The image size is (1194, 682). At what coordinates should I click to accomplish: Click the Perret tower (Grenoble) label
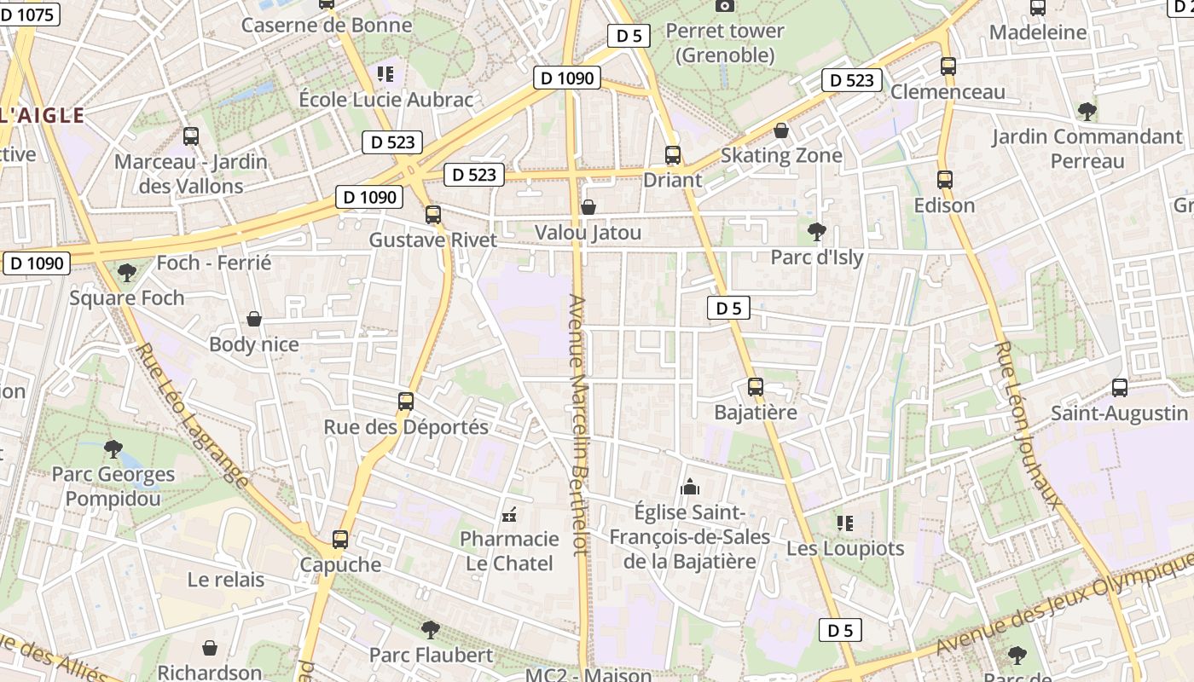pos(725,43)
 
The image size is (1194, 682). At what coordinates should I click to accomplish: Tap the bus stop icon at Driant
pos(673,155)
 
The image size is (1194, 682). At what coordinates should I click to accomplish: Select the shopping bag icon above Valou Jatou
pos(588,207)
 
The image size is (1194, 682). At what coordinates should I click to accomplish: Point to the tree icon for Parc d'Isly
pos(816,231)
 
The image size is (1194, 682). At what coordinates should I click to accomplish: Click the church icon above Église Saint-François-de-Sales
pos(689,487)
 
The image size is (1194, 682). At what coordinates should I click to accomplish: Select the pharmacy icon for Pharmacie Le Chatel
pos(509,514)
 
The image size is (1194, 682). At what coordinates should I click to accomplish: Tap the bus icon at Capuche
pos(340,540)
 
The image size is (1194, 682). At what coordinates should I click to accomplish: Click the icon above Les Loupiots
pos(844,523)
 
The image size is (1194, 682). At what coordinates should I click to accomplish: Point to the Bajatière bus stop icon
pos(755,387)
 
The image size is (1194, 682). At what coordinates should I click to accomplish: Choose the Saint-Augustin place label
pos(1119,413)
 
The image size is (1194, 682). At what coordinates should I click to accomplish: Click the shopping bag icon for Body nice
pos(254,319)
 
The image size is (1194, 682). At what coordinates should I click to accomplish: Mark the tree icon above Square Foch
pos(127,273)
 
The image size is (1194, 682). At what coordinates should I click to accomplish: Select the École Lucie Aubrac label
pos(385,99)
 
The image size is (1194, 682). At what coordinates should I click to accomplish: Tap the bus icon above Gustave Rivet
pos(433,215)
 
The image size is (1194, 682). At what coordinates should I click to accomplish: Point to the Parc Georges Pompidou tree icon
pos(113,448)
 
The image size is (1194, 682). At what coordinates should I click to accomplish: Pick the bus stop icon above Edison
pos(944,180)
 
